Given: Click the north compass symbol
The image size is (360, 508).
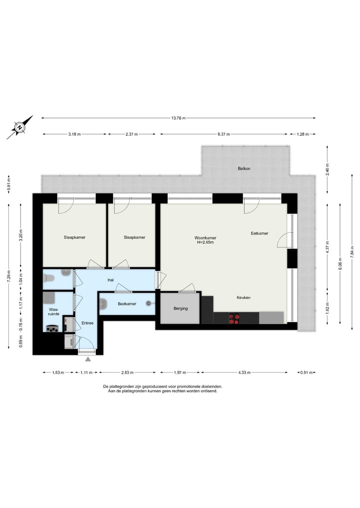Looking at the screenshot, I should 19,128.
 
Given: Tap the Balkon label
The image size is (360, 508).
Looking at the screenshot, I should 244,168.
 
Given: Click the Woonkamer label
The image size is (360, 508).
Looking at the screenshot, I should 205,238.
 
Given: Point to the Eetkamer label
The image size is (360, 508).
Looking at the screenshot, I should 259,233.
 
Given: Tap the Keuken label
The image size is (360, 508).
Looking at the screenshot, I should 243,298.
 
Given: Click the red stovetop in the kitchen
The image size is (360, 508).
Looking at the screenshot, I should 234,319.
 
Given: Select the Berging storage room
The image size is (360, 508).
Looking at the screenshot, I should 180,308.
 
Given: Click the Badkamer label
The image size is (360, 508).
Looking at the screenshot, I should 127,304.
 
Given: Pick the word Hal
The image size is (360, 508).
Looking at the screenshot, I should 111,280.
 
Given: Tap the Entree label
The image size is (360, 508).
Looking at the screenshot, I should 87,323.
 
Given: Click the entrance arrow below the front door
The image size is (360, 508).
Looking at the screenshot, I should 88,359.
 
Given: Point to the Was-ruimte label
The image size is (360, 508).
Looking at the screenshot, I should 54,312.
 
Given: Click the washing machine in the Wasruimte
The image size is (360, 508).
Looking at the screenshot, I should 52,328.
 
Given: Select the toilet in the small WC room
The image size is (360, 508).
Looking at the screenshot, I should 65,273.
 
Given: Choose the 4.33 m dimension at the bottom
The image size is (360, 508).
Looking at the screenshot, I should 244,372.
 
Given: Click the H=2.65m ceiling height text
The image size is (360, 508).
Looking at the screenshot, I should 205,243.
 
